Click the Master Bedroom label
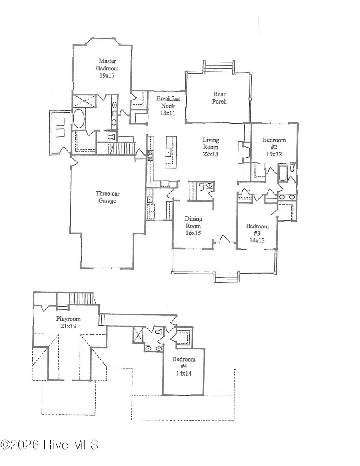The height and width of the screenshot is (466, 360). click(107, 64)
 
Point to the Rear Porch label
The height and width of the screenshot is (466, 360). click(220, 98)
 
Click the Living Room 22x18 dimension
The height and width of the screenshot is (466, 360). click(210, 154)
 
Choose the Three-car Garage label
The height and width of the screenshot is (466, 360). click(108, 197)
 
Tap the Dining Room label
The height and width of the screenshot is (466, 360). click(193, 222)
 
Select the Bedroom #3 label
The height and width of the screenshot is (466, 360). click(257, 230)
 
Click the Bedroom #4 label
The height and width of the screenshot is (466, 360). click(184, 363)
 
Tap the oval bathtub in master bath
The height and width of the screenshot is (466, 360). click(79, 119)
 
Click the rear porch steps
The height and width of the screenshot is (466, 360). click(218, 66)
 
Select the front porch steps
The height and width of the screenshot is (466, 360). click(226, 277)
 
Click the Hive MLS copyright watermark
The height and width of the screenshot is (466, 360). click(49, 445)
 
